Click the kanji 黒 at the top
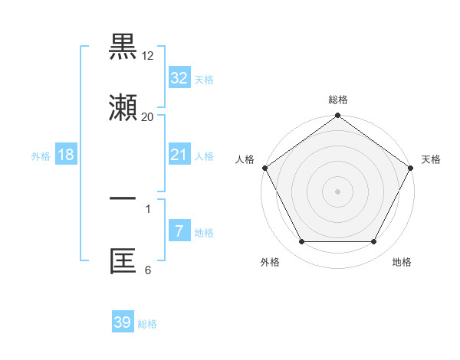click(123, 48)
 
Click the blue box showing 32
click(179, 78)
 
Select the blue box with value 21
click(179, 155)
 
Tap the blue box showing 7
click(179, 231)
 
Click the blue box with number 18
click(66, 155)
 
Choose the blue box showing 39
click(122, 322)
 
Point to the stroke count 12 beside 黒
click(148, 56)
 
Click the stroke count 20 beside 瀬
click(148, 117)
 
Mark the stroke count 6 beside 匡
click(148, 270)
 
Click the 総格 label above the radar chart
click(338, 100)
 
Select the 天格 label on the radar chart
click(431, 159)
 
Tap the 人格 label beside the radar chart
click(245, 159)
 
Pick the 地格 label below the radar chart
click(402, 262)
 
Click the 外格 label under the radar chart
click(270, 262)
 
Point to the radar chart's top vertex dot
click(337, 116)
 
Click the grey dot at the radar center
click(337, 191)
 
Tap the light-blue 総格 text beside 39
click(147, 324)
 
